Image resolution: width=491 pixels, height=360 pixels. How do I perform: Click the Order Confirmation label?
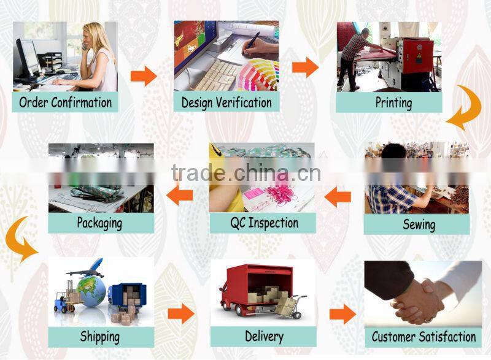pos(65,102)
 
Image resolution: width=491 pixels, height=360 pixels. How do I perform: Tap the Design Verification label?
pos(226,102)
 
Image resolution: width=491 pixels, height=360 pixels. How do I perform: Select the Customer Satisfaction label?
pos(423,336)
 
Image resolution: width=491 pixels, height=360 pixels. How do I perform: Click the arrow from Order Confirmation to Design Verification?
pos(143,75)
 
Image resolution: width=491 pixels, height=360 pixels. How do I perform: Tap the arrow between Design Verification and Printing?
pos(305,67)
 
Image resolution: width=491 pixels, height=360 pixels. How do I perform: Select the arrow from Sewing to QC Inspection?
pos(338,197)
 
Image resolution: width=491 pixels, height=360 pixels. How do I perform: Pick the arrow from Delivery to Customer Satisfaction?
pos(342,315)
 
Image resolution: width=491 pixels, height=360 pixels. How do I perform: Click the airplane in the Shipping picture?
pos(85,269)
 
